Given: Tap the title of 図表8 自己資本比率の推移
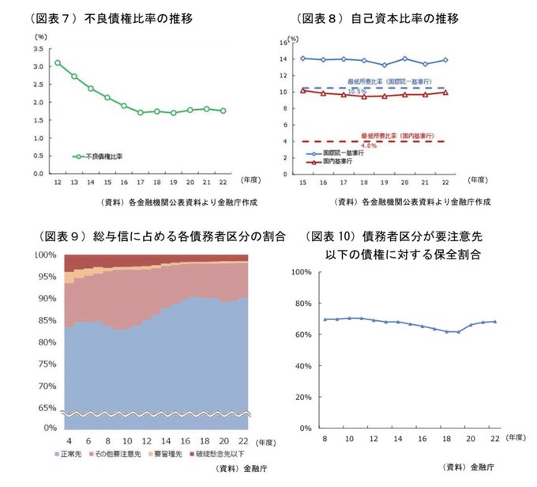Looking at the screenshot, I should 377,17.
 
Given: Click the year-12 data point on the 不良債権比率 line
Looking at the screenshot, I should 58,62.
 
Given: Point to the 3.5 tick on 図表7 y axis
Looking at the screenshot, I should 39,49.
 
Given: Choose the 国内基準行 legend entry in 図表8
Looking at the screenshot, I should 332,161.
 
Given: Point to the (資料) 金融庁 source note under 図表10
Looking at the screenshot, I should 468,467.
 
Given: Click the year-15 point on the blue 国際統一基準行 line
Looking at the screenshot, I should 303,58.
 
